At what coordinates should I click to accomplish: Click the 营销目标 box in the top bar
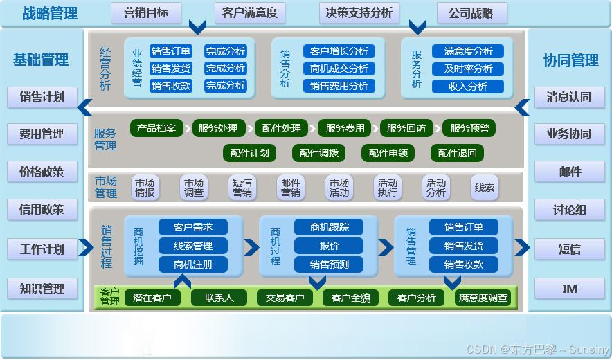click(x=146, y=13)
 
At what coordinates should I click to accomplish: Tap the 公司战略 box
click(x=471, y=13)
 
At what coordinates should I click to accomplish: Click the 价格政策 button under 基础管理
click(x=42, y=171)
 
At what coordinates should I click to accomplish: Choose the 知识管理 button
click(x=42, y=289)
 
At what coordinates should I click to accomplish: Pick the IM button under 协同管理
click(x=570, y=288)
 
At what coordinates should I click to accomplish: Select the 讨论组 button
click(x=570, y=209)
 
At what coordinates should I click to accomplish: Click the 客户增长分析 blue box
click(x=339, y=51)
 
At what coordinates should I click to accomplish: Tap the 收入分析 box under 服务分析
click(x=468, y=87)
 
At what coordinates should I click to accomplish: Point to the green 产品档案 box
click(x=157, y=128)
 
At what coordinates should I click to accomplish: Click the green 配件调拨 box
click(x=319, y=153)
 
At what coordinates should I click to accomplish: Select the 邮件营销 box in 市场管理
click(x=291, y=187)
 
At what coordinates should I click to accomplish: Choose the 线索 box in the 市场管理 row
click(x=485, y=187)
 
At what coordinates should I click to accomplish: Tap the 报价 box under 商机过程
click(x=329, y=246)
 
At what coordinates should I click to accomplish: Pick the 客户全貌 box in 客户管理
click(x=350, y=298)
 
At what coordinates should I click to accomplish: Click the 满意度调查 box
click(x=483, y=298)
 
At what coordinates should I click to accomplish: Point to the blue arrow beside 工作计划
click(x=86, y=247)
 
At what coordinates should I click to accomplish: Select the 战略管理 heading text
click(x=50, y=13)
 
